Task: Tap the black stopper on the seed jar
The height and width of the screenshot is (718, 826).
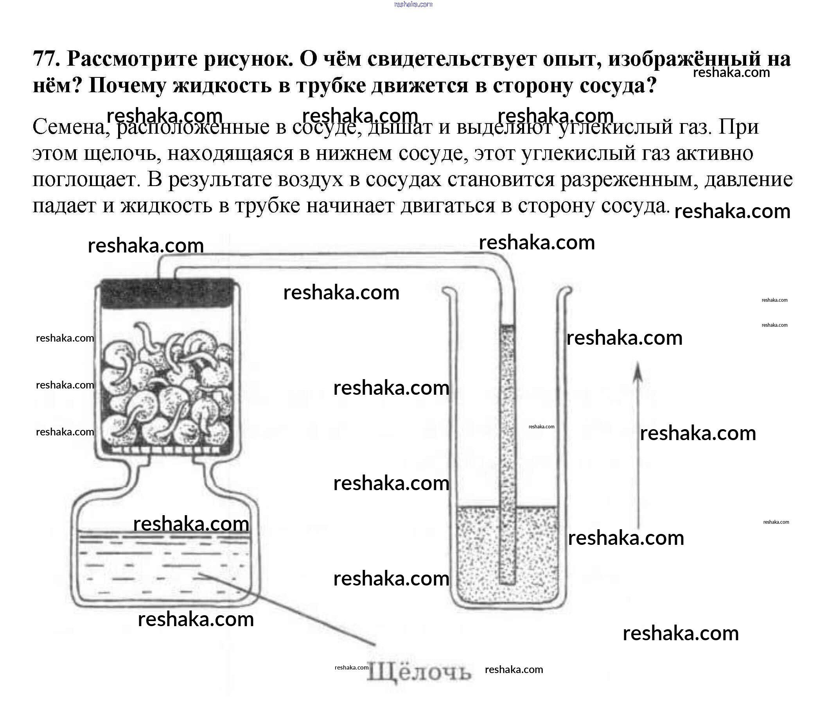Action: (167, 294)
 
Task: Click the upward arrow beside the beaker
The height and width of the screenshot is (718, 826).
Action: (638, 445)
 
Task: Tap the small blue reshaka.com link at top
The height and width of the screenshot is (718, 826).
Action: (413, 4)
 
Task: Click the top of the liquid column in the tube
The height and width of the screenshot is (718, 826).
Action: (508, 325)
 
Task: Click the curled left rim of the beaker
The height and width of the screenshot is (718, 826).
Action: (448, 292)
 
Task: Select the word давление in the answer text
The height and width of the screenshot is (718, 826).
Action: (749, 180)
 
